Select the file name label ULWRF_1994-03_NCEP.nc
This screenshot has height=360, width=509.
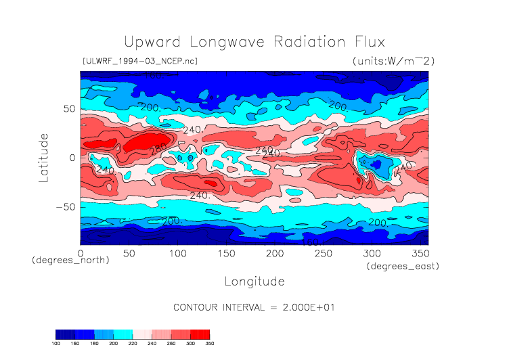[x=139, y=62]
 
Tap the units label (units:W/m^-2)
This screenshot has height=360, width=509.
[x=393, y=62]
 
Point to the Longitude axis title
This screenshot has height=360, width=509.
[x=254, y=281]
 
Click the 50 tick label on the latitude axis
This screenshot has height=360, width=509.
[x=69, y=108]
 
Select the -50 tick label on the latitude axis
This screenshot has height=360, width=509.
[x=65, y=207]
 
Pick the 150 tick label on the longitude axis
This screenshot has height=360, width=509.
[x=226, y=253]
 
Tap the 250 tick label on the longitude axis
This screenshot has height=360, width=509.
[x=323, y=253]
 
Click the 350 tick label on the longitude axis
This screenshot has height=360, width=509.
[x=420, y=253]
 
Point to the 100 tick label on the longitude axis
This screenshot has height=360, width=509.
[x=177, y=253]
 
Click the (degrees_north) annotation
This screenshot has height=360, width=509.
[x=70, y=261]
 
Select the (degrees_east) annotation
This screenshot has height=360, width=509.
[x=403, y=267]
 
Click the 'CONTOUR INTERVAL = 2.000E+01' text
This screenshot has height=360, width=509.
[x=255, y=307]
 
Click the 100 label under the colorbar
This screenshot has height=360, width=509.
[x=56, y=344]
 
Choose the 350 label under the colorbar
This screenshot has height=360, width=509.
[x=209, y=344]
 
